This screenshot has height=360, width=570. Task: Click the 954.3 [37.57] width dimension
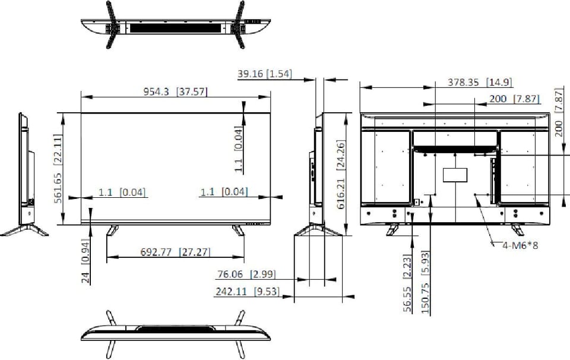point(175,91)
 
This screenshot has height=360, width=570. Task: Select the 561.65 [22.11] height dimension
point(58,169)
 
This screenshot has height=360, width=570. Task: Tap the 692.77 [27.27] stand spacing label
point(175,252)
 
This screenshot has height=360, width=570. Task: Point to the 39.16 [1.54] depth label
point(265,74)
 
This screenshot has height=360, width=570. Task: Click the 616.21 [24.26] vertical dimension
point(341,175)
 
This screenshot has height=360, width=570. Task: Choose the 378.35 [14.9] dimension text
point(480,82)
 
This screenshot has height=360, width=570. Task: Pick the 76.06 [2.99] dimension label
point(246,274)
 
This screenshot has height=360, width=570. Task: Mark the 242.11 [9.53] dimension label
point(247,291)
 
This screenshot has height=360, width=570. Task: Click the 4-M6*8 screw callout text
point(520,245)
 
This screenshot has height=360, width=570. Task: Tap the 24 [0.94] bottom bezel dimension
point(85,261)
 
